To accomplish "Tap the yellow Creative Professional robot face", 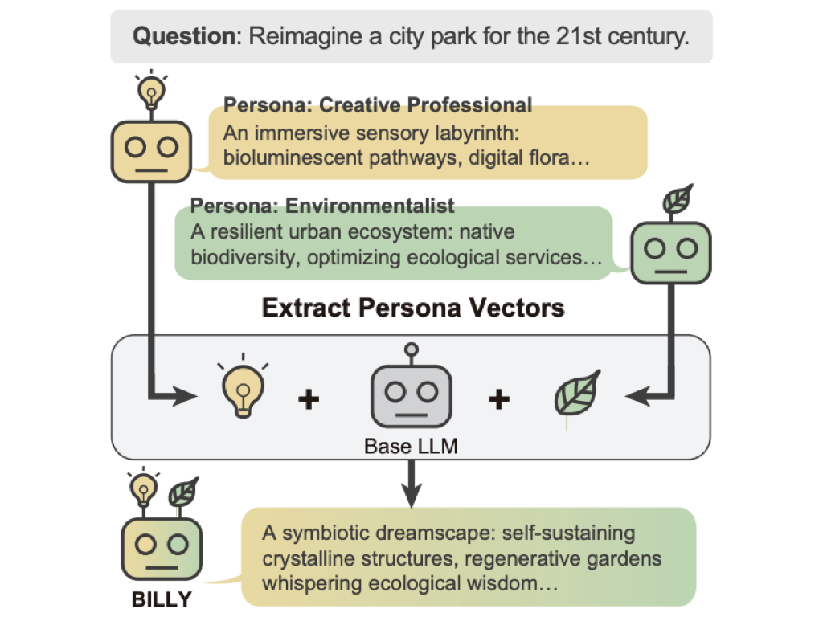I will (x=150, y=149).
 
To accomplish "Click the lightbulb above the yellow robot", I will (x=150, y=91).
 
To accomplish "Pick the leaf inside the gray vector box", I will (x=578, y=396).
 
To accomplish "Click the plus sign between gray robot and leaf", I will (x=499, y=398).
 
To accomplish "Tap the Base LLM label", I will (x=411, y=446).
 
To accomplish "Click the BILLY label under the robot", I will (x=162, y=599).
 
